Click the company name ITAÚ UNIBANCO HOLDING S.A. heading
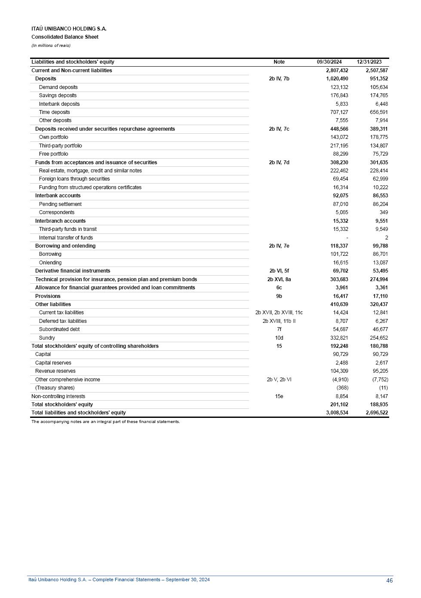(69, 29)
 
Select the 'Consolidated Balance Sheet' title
(65, 37)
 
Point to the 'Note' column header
(279, 62)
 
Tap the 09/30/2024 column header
(329, 62)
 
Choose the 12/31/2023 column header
(369, 62)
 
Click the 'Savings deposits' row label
(58, 95)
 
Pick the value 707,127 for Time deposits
(339, 112)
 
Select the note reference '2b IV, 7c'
(279, 129)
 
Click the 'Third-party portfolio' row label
(60, 146)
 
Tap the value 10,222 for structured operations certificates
(380, 187)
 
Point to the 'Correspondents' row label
(56, 212)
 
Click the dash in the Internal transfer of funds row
(347, 238)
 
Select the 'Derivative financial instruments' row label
(73, 271)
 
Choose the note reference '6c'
(279, 288)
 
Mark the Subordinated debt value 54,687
(341, 329)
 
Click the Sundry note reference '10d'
(279, 338)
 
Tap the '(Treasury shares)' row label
(55, 388)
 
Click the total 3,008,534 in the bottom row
(337, 413)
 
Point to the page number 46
(389, 580)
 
